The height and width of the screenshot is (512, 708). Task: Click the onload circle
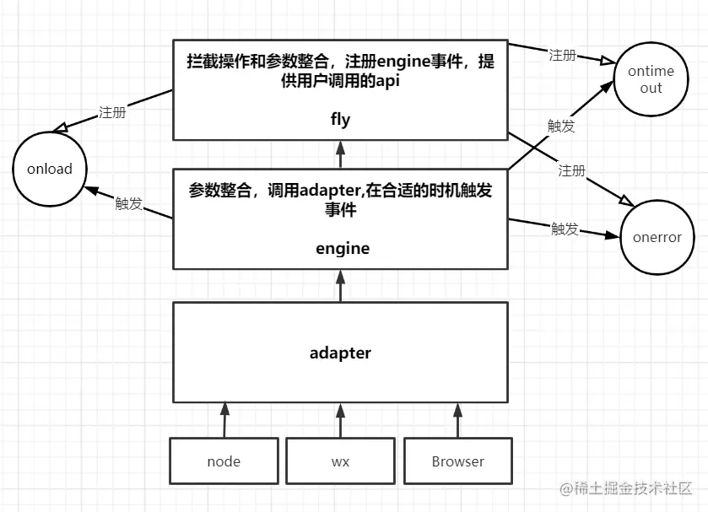pyautogui.click(x=50, y=169)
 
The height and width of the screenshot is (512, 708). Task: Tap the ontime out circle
pyautogui.click(x=651, y=80)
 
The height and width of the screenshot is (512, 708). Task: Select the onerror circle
pyautogui.click(x=657, y=237)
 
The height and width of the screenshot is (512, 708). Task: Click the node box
pyautogui.click(x=224, y=461)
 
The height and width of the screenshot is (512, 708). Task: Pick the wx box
pyautogui.click(x=340, y=461)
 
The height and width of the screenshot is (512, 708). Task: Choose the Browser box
pyautogui.click(x=457, y=461)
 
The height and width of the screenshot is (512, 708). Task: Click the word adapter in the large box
pyautogui.click(x=340, y=353)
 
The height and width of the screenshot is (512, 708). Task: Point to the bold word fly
pyautogui.click(x=340, y=120)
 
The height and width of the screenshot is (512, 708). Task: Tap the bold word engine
pyautogui.click(x=343, y=248)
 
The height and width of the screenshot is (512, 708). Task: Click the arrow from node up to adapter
pyautogui.click(x=224, y=419)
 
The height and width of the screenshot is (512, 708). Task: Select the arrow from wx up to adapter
pyautogui.click(x=340, y=419)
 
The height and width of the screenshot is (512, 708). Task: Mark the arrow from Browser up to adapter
pyautogui.click(x=457, y=419)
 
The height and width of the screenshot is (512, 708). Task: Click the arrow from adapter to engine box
pyautogui.click(x=340, y=286)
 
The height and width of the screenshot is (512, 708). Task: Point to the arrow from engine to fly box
pyautogui.click(x=340, y=154)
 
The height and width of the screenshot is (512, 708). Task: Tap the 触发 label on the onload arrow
pyautogui.click(x=128, y=203)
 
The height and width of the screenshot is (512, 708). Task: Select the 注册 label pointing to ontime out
pyautogui.click(x=562, y=55)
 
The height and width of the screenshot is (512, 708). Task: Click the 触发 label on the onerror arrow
pyautogui.click(x=565, y=229)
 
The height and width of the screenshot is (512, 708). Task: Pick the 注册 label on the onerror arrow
pyautogui.click(x=571, y=170)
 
